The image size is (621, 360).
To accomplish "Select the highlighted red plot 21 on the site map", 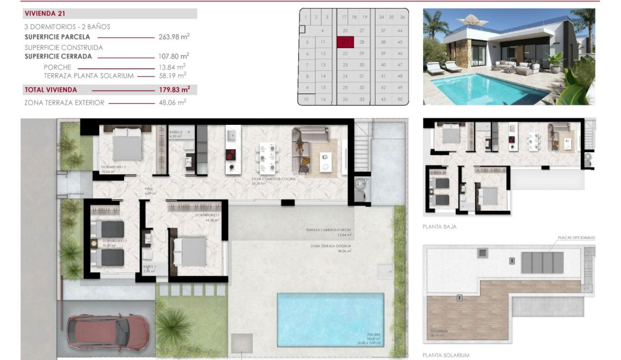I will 345,42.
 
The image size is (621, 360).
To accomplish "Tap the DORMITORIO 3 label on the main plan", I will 113,167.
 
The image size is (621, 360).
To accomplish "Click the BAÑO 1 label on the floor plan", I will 150,267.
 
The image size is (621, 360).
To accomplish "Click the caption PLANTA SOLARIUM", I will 446,355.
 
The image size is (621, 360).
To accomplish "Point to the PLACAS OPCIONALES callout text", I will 576,237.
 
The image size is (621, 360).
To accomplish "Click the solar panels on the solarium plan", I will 542,262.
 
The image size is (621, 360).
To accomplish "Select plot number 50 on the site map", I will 400,99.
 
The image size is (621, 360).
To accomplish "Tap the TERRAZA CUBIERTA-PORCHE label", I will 328,230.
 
